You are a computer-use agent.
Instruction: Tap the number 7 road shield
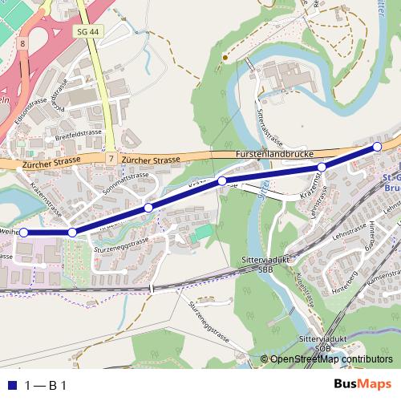click(x=109, y=160)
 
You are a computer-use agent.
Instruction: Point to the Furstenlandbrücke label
click(x=273, y=153)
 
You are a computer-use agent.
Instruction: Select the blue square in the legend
click(x=11, y=385)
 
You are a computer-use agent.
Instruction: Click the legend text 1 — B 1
click(x=45, y=385)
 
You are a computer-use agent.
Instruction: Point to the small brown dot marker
click(x=226, y=57)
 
